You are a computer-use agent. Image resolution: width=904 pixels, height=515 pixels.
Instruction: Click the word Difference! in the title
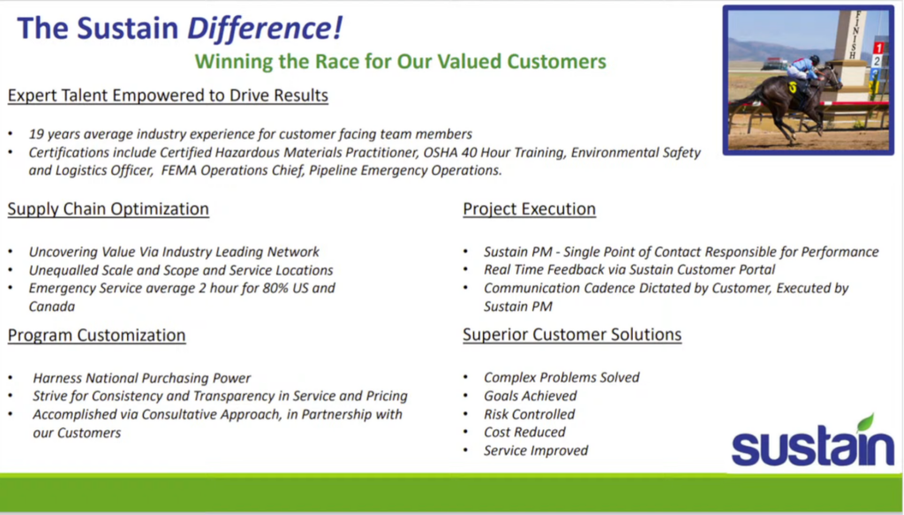tap(265, 27)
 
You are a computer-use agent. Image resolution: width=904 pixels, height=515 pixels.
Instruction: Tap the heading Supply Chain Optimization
tap(109, 208)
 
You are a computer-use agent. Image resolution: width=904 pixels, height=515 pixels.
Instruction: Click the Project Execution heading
tap(530, 208)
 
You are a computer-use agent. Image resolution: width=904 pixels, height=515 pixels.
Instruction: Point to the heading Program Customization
tap(97, 335)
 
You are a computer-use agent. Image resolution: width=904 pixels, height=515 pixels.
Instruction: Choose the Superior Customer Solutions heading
tap(572, 335)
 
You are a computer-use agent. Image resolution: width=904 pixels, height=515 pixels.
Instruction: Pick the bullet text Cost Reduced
tap(524, 432)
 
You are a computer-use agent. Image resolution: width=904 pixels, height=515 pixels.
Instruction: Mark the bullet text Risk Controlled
tap(530, 414)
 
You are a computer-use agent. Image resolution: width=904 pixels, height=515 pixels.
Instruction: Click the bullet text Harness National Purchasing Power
tap(142, 378)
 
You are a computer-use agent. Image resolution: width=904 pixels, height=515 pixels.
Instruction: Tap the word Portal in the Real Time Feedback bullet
tap(757, 269)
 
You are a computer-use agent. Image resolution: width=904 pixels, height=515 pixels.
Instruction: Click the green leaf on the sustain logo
tap(866, 423)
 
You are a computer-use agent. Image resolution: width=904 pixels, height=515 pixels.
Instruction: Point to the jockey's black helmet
tap(814, 59)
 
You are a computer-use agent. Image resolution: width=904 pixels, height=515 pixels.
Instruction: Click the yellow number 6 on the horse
tap(794, 87)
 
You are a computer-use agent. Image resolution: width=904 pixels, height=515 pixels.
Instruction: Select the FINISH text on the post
tap(855, 34)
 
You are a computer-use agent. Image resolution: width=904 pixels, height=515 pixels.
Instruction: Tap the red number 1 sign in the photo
tap(878, 49)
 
